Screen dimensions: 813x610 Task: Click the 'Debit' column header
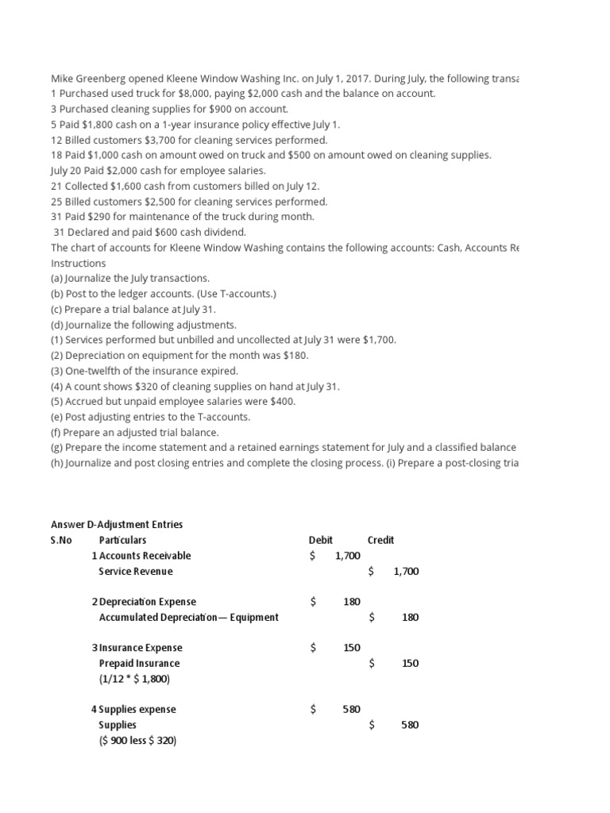(320, 540)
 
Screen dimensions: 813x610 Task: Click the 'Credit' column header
(380, 540)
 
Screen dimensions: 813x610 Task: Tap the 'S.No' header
(61, 540)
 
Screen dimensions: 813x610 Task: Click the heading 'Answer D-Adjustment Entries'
(117, 524)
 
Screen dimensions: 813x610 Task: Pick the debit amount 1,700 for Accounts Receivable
(348, 556)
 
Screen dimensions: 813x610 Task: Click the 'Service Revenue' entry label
(135, 571)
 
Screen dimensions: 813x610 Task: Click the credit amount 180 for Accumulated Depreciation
(410, 617)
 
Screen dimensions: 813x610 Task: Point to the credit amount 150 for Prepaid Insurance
(410, 663)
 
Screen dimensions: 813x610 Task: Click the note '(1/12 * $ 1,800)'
(134, 679)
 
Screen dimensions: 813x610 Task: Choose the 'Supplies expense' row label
(137, 709)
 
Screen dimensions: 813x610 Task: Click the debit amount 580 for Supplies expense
(351, 709)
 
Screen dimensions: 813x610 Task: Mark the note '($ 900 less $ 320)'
(137, 740)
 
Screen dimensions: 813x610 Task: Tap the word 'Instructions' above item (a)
(78, 263)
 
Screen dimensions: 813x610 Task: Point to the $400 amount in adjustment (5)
(281, 402)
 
